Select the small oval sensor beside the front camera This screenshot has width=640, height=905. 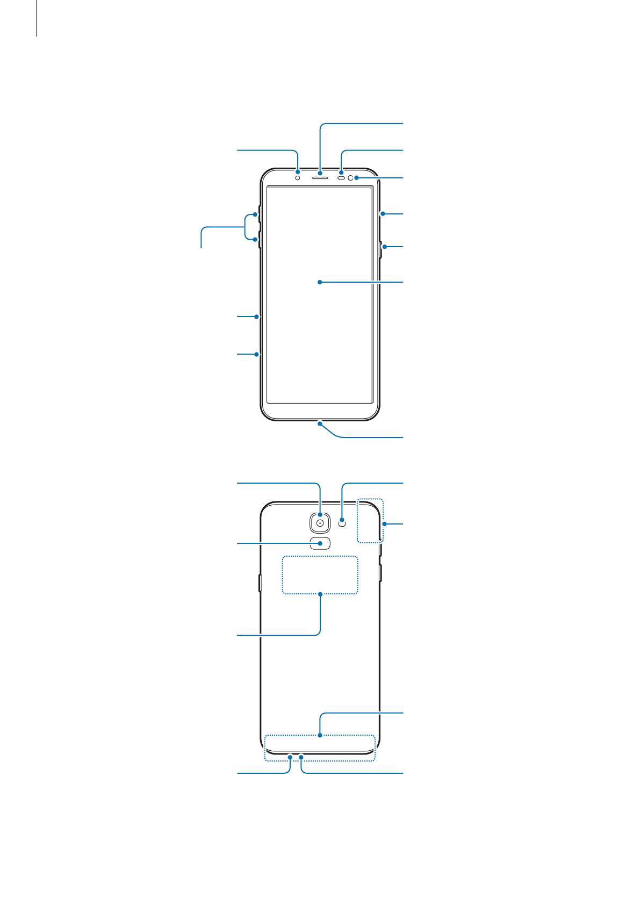point(341,177)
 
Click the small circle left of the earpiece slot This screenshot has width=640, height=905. point(297,177)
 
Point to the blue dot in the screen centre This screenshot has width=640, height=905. point(320,282)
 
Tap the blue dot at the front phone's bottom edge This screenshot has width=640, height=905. point(320,423)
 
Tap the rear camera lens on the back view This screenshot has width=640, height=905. point(320,522)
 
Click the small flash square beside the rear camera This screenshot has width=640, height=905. point(342,521)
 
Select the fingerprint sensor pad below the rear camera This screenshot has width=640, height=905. point(320,543)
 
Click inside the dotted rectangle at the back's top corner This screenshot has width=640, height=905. point(370,520)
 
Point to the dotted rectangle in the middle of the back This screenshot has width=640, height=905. point(320,574)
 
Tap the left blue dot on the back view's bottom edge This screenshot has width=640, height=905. point(290,757)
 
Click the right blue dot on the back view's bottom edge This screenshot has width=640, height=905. point(302,757)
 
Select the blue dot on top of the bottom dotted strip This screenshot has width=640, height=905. point(320,735)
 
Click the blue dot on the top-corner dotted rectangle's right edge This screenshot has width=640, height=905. point(384,523)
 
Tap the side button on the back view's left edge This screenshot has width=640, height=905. point(260,583)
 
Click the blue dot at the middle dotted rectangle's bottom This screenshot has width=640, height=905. point(320,594)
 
